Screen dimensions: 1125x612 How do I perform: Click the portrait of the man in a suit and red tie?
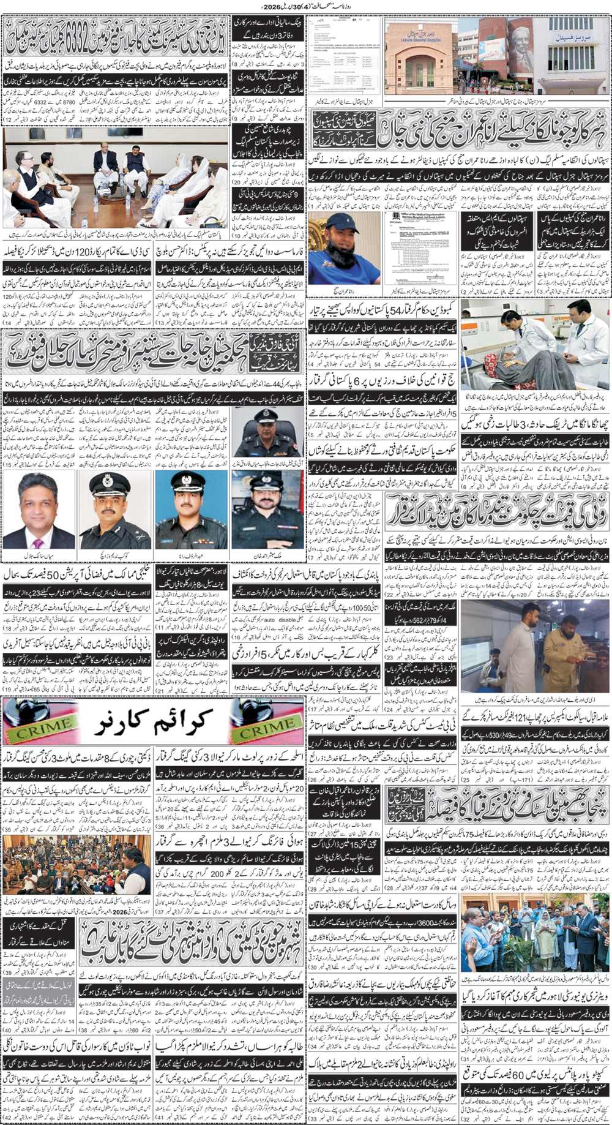click(39, 512)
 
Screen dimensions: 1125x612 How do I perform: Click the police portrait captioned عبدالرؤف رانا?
click(191, 512)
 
